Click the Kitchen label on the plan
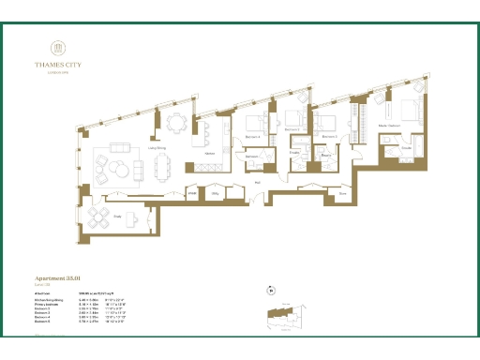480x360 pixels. (x=211, y=152)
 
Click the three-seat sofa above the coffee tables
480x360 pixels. (x=122, y=150)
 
